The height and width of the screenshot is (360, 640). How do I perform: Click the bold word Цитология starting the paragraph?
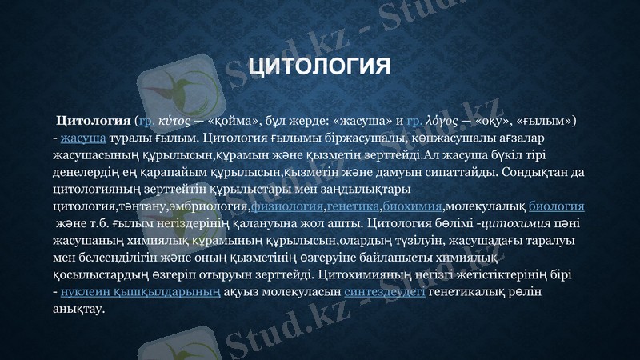(92, 121)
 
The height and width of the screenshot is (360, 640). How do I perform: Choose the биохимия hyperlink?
(413, 206)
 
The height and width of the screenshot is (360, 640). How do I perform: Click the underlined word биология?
(557, 206)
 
